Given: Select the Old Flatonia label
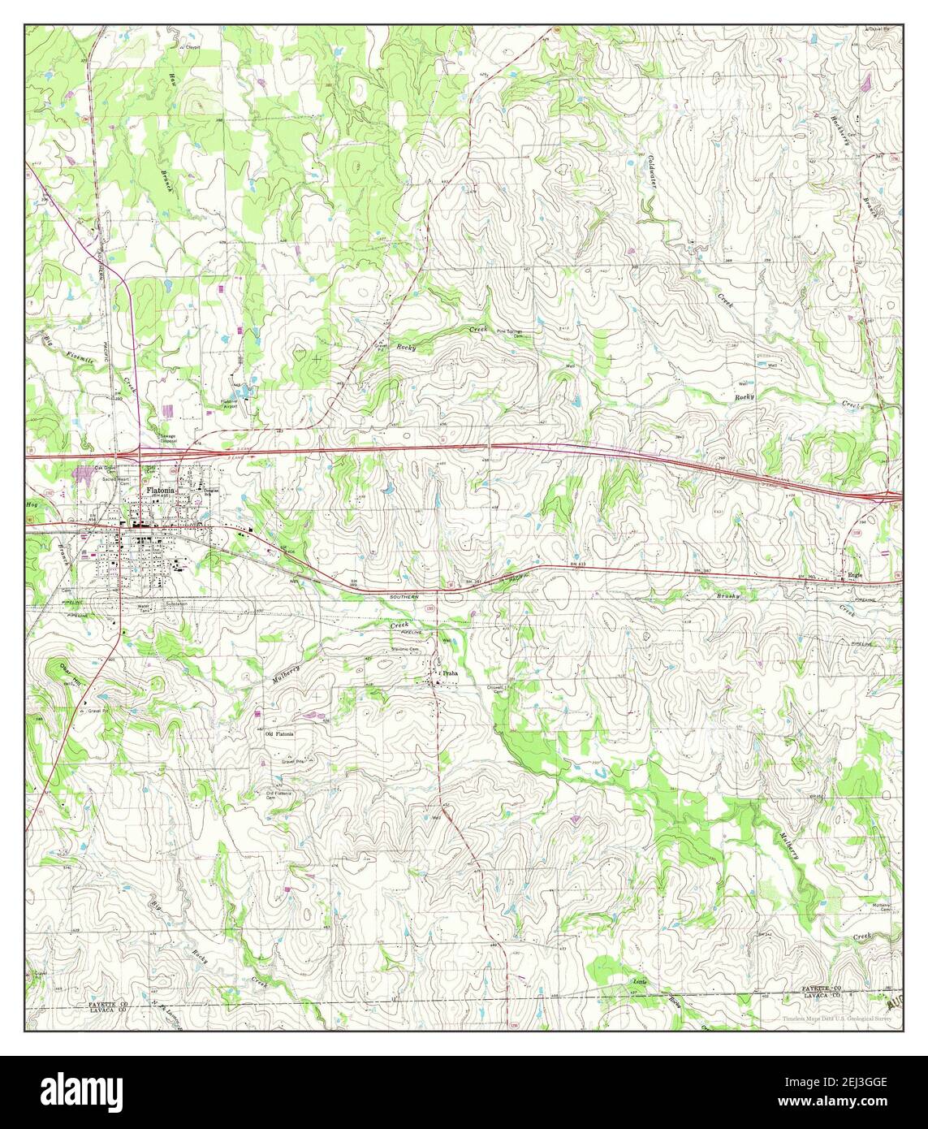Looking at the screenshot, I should click(280, 733).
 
